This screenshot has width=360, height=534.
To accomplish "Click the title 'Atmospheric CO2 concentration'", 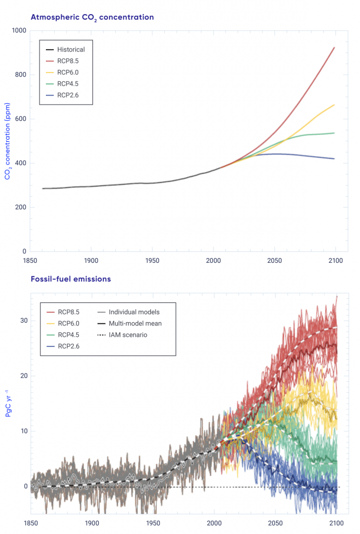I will point(92,17).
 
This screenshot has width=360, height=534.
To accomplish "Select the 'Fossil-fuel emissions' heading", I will point(70,279).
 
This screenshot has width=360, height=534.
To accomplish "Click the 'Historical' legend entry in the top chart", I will point(70,50).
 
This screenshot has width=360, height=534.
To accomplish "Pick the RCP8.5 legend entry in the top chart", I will point(68,61).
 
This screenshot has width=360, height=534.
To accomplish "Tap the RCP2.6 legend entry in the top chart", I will point(68,95).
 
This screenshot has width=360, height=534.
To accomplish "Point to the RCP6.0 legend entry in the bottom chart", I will point(68,324).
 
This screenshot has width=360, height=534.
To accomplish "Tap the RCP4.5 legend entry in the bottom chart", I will point(68,335).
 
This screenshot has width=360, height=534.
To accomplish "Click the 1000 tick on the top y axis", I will point(18,31).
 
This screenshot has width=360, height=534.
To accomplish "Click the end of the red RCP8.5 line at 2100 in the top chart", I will point(334,47).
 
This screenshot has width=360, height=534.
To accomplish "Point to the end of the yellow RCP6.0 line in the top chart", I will point(334,105).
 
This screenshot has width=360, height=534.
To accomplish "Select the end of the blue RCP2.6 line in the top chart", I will point(334,159).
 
